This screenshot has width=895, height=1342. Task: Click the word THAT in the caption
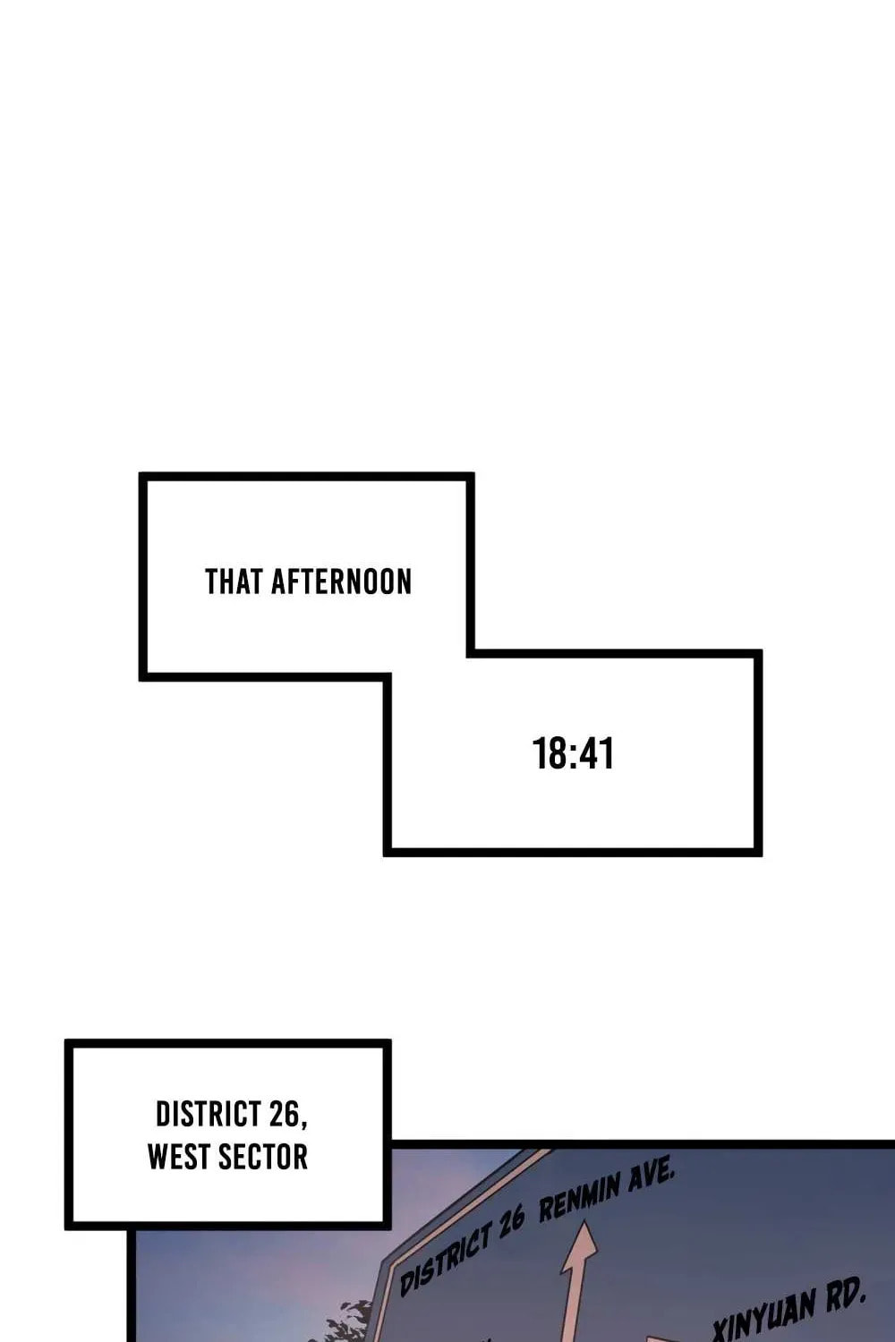click(x=234, y=582)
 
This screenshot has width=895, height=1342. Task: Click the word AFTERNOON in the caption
click(x=342, y=582)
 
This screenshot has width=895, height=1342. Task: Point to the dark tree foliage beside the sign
click(x=347, y=1318)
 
